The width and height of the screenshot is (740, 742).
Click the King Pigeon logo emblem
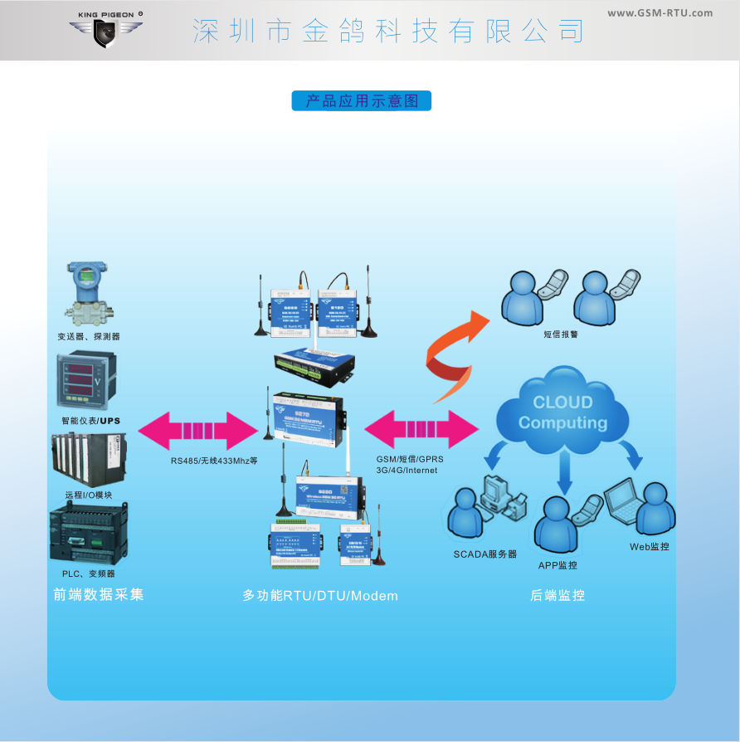(105, 32)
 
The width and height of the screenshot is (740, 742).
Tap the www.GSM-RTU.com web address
(660, 12)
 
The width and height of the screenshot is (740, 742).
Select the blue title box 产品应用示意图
(362, 101)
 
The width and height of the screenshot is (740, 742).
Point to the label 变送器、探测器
(89, 336)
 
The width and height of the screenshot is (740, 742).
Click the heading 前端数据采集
(98, 595)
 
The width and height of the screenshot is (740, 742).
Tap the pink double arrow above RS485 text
(198, 430)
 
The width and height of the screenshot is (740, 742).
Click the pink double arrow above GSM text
(421, 430)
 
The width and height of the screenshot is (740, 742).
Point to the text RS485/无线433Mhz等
(214, 460)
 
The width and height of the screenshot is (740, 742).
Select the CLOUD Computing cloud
(562, 412)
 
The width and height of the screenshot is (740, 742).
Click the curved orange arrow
(455, 354)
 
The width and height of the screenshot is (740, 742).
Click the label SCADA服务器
(484, 554)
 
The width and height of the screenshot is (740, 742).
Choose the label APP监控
(557, 565)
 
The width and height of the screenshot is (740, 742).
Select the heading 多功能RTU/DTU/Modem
(320, 596)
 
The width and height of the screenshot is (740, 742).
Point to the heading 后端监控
(557, 595)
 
